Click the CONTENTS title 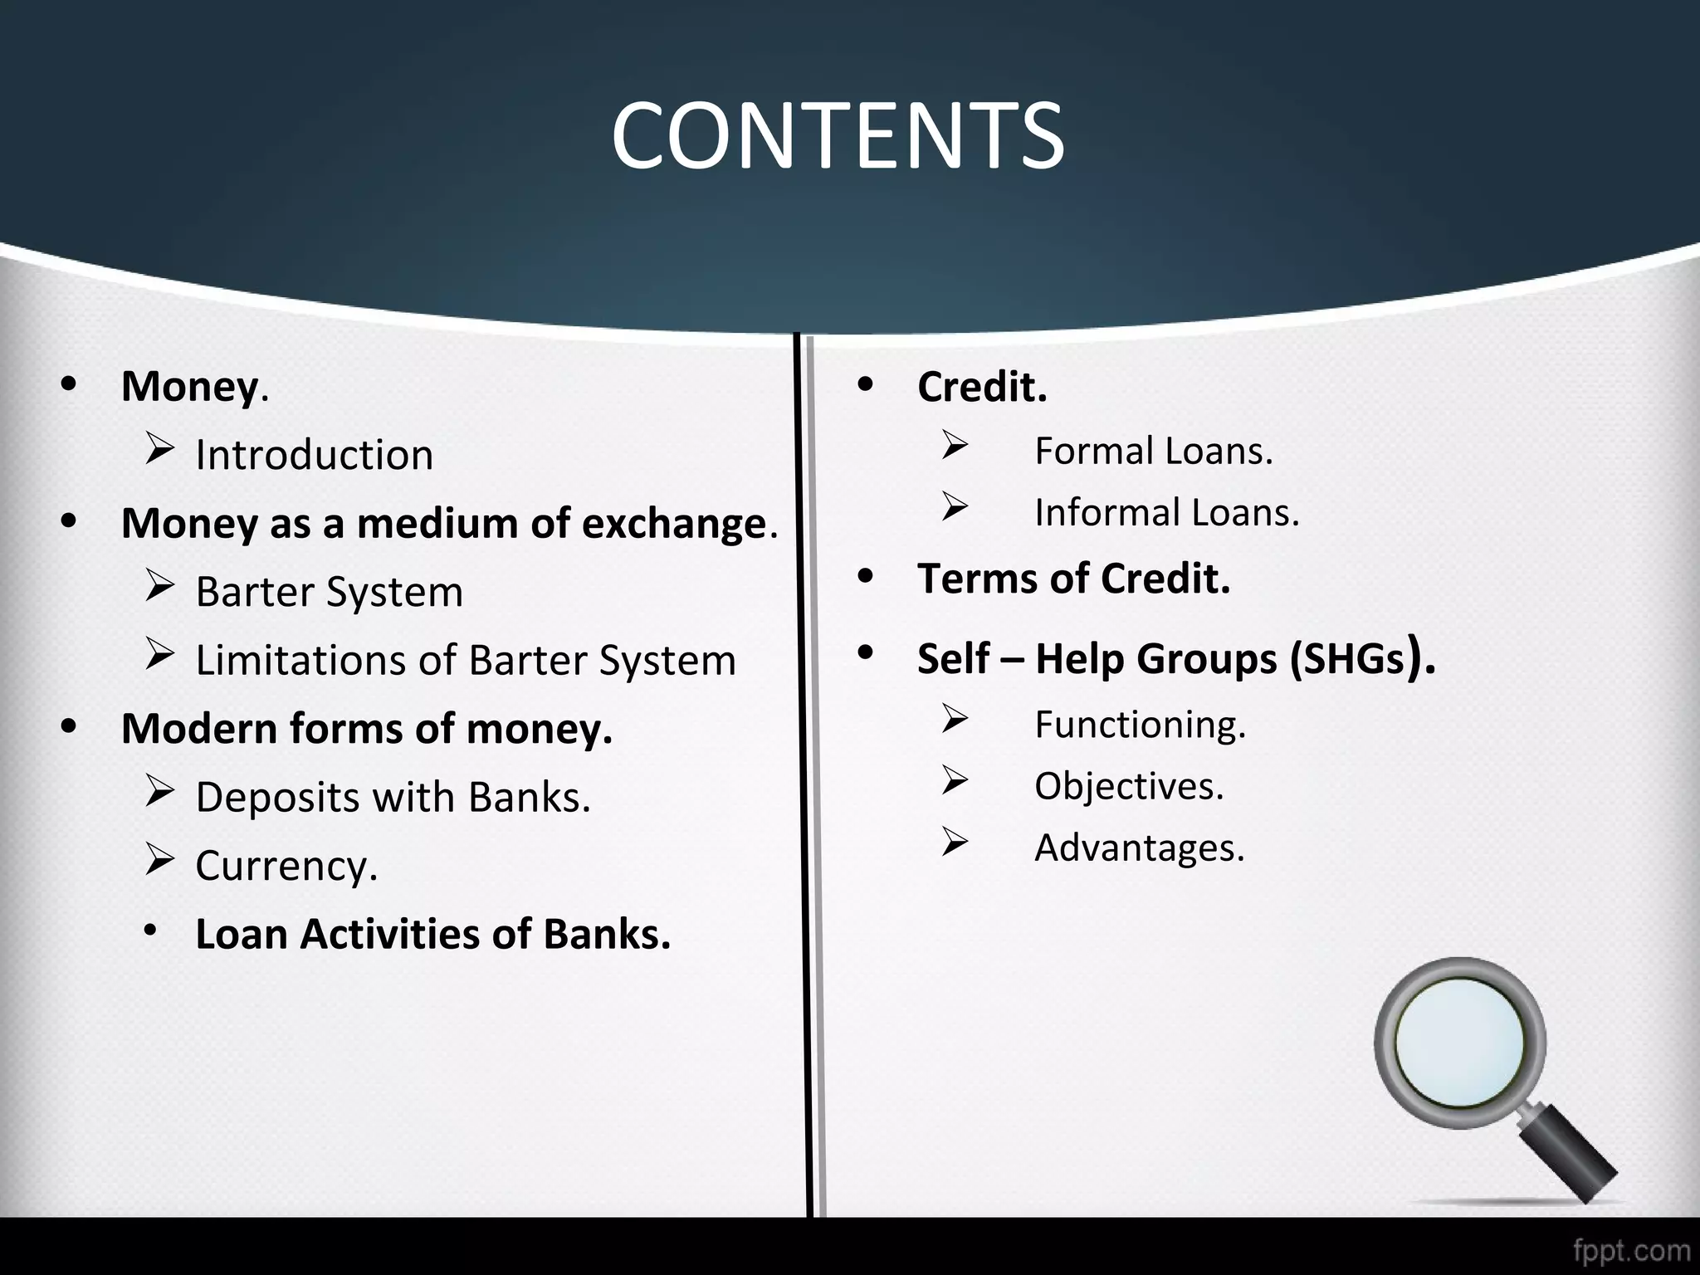tap(838, 135)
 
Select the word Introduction tap(314, 455)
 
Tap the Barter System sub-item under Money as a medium tap(329, 592)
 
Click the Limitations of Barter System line tap(466, 661)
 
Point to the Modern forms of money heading tap(366, 729)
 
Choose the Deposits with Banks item tap(393, 797)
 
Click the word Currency tap(286, 866)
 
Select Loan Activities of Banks tap(432, 934)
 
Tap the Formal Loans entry tap(1153, 452)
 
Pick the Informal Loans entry tap(1166, 513)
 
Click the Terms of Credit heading tap(1073, 579)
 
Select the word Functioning tap(1140, 725)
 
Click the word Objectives tap(1129, 786)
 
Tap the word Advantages tap(1139, 848)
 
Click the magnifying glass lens tap(1460, 1042)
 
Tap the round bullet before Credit tap(866, 385)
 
